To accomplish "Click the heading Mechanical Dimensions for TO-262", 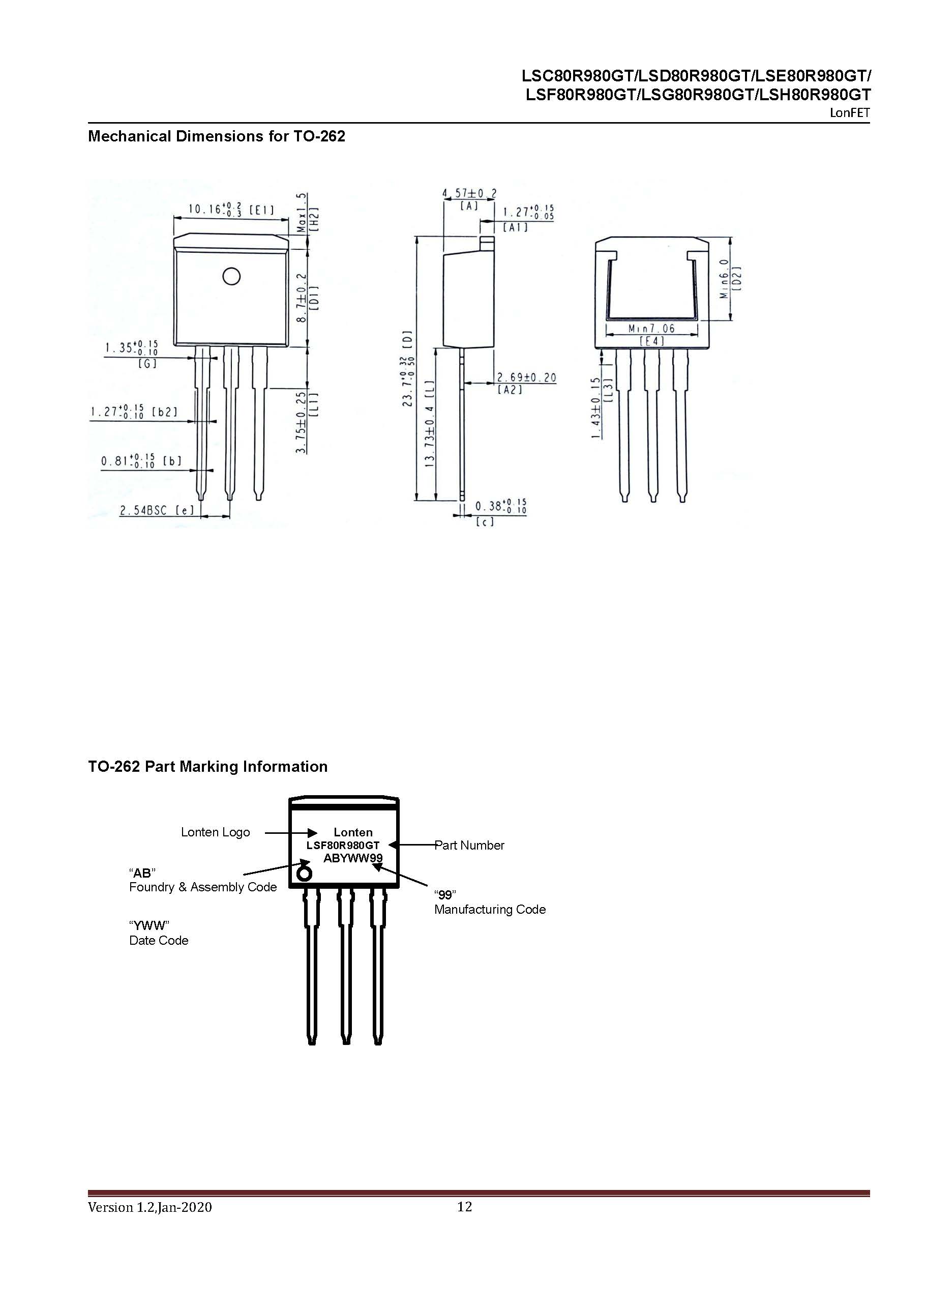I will click(x=217, y=136).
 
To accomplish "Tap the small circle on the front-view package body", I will click(x=231, y=277).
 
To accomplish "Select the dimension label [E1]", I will click(x=261, y=211).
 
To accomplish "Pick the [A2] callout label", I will click(x=510, y=390).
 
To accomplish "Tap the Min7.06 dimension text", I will click(x=651, y=329).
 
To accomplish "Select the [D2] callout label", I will click(x=737, y=279).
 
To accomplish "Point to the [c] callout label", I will click(x=485, y=521).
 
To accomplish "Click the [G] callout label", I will click(x=147, y=363).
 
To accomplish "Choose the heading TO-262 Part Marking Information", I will click(x=207, y=766).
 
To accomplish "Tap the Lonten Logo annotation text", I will click(x=216, y=832).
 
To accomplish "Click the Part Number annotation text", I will click(x=470, y=845).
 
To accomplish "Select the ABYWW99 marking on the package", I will click(x=353, y=858).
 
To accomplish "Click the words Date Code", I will click(x=159, y=940).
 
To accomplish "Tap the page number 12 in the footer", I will click(x=464, y=1206).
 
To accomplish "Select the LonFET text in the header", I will click(x=849, y=113).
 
